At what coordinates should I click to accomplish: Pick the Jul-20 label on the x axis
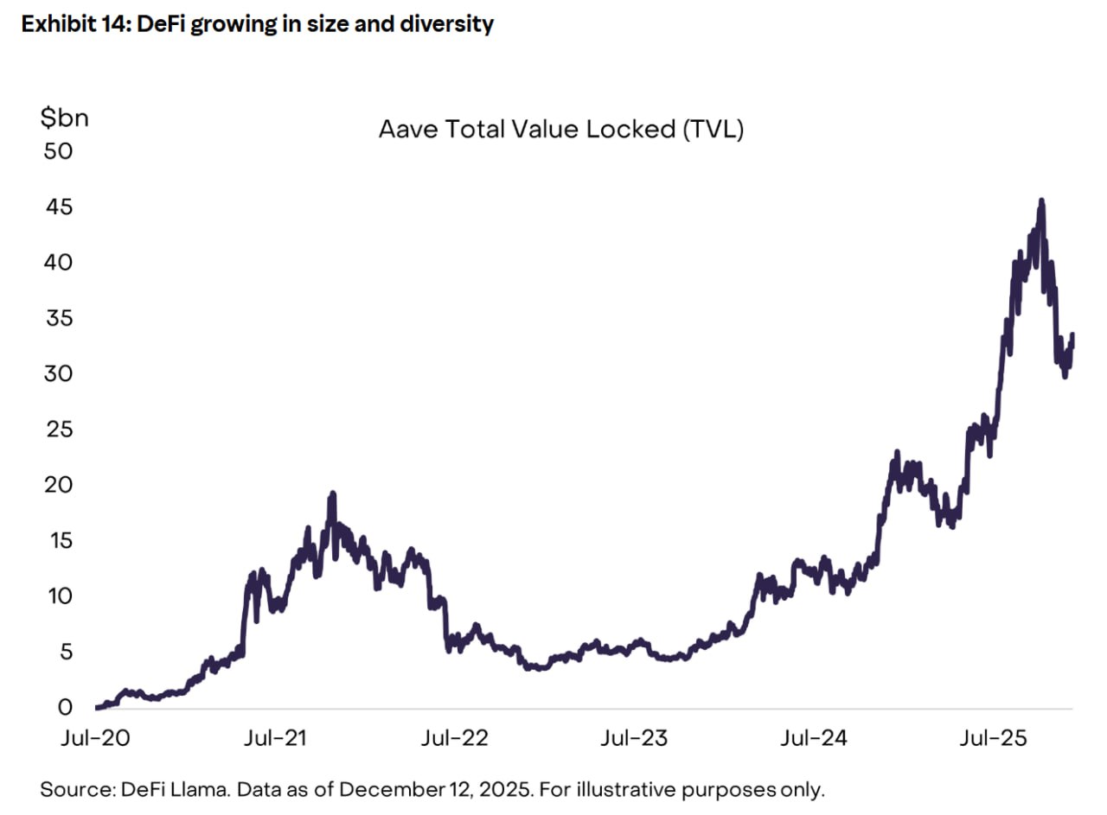[88, 738]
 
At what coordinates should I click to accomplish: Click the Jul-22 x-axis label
[457, 738]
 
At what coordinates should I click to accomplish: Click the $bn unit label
[65, 118]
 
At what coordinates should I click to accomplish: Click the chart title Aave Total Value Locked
[561, 131]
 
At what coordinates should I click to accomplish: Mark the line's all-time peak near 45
[1041, 201]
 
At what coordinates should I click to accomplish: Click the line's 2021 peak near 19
[332, 493]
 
